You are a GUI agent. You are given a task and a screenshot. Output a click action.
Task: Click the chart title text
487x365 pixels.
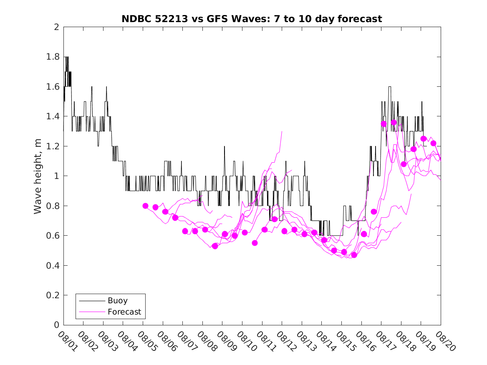252,19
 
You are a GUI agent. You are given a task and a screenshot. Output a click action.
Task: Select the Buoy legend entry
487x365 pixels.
117,300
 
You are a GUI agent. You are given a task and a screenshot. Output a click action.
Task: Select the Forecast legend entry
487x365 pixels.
124,312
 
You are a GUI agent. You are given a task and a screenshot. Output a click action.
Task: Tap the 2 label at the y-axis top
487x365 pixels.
56,27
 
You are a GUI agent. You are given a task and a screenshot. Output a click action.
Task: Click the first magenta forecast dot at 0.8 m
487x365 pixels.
145,206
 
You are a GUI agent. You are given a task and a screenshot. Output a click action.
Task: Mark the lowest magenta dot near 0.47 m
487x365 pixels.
354,255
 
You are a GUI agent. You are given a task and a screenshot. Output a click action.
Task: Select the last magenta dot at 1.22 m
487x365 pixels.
433,143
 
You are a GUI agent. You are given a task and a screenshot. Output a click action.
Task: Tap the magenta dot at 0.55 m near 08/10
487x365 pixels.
255,243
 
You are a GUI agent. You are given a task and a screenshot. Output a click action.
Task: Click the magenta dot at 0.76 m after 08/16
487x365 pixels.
373,211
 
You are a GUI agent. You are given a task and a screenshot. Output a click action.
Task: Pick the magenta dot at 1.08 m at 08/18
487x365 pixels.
404,164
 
